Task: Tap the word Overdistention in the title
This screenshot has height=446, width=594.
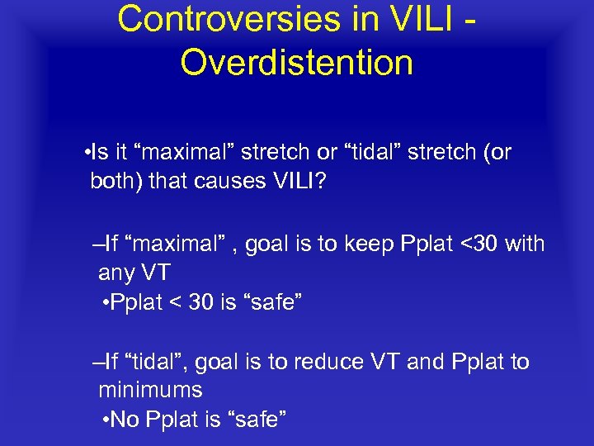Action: pos(297,62)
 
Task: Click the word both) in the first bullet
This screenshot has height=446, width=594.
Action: pos(116,181)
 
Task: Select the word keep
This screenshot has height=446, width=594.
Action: pos(366,244)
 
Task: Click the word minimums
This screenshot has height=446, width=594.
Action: pos(150,389)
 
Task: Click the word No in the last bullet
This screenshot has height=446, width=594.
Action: pos(125,420)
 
